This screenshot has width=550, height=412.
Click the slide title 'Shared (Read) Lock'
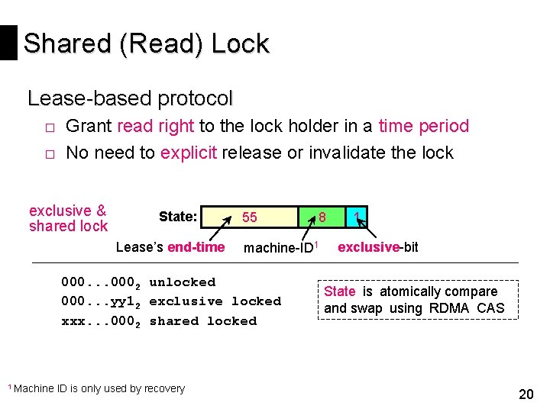pos(146,44)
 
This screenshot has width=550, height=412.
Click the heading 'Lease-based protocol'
pos(130,98)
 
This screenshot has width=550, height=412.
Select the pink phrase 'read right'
pos(157,127)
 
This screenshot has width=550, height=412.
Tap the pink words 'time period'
pos(423,127)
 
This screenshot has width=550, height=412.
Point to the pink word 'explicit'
pos(189,153)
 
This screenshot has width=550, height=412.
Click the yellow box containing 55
pos(259,217)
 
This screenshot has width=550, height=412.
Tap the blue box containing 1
pos(357,217)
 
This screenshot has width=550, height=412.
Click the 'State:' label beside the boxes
pos(178,217)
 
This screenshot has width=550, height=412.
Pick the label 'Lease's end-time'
pos(170,247)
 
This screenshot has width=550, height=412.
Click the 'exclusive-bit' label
pos(378,247)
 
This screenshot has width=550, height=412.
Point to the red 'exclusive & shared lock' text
pos(68,218)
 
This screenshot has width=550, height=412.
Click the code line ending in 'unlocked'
pos(138,282)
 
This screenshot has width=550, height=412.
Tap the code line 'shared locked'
pos(159,321)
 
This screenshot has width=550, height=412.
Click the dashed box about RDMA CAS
pos(417,300)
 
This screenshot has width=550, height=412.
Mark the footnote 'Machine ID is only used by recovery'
pos(96,388)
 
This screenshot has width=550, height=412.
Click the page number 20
pos(526,394)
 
